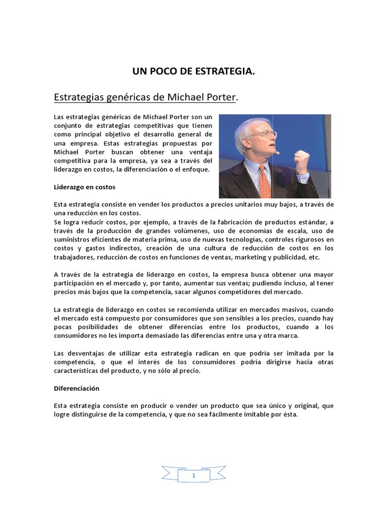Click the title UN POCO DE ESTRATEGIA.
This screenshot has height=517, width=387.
click(193, 72)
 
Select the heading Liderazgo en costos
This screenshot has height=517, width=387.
click(85, 187)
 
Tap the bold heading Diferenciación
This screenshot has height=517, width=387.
click(77, 389)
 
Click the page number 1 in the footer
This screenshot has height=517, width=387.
click(193, 476)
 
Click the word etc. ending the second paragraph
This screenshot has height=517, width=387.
click(315, 256)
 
